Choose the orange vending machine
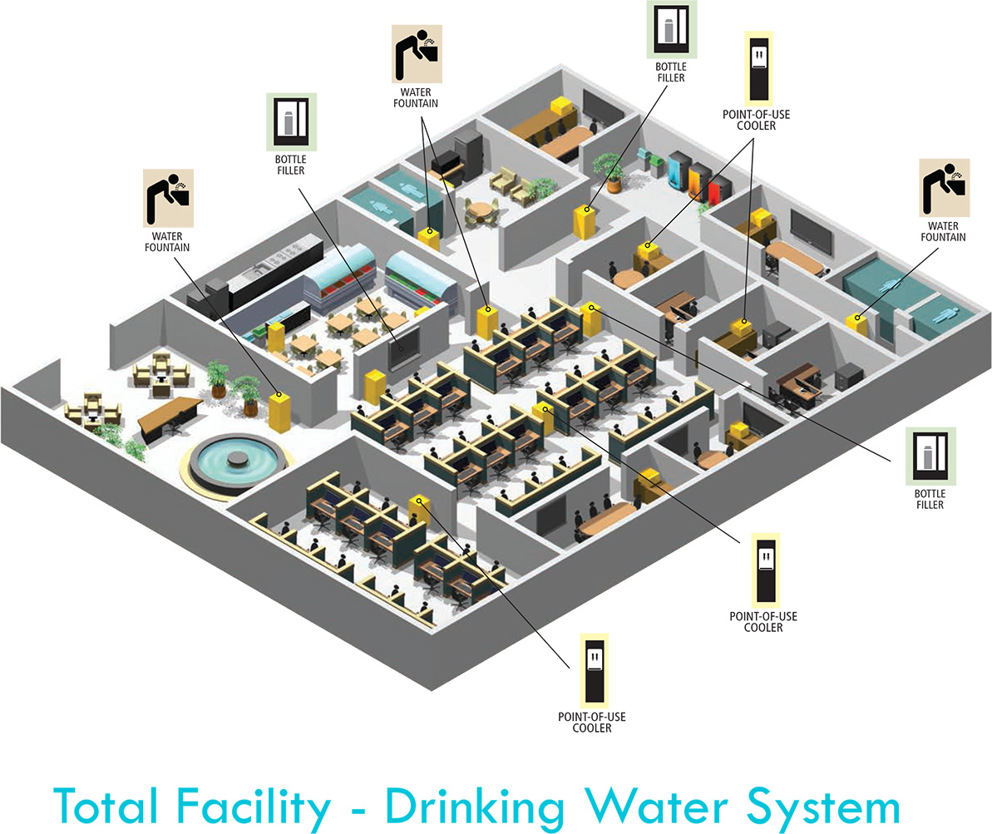[698, 179]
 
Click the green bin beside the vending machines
[661, 162]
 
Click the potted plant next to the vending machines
[610, 170]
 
